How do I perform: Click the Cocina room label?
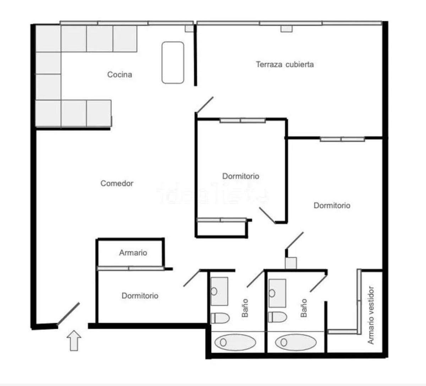tap(120, 75)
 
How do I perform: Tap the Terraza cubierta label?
tap(285, 64)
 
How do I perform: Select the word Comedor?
tap(117, 183)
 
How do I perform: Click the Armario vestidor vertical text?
tap(371, 315)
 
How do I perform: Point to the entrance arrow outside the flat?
tap(74, 341)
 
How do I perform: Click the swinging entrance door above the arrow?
tap(68, 314)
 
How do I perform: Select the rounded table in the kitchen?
tap(173, 63)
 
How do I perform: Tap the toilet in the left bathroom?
tap(219, 318)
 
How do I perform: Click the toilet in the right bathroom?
tap(277, 317)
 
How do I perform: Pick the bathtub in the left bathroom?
tap(235, 342)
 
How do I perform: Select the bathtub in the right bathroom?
tap(296, 342)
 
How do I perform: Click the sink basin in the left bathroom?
tap(219, 292)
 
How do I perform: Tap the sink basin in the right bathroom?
tap(277, 293)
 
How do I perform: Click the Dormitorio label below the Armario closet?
tap(140, 296)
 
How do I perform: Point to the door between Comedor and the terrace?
tap(204, 105)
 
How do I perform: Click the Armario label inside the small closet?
tap(133, 253)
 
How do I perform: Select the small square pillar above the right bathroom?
tap(291, 263)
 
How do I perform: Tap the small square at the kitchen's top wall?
tap(189, 28)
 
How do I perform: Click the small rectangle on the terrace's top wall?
tap(286, 29)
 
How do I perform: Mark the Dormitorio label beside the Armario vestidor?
tap(332, 205)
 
